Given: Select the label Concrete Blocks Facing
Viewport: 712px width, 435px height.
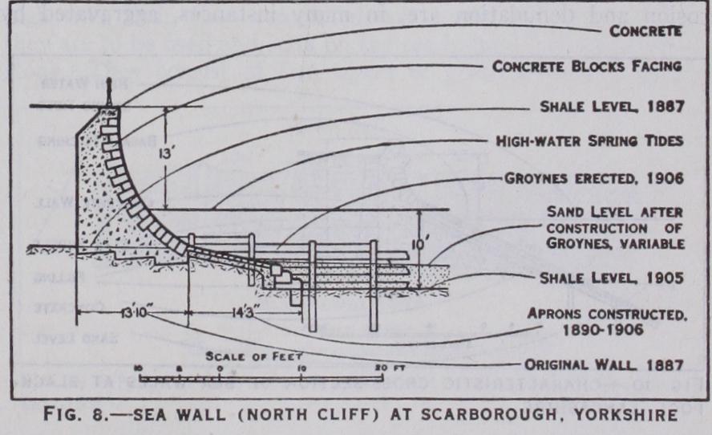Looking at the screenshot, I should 587,67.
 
